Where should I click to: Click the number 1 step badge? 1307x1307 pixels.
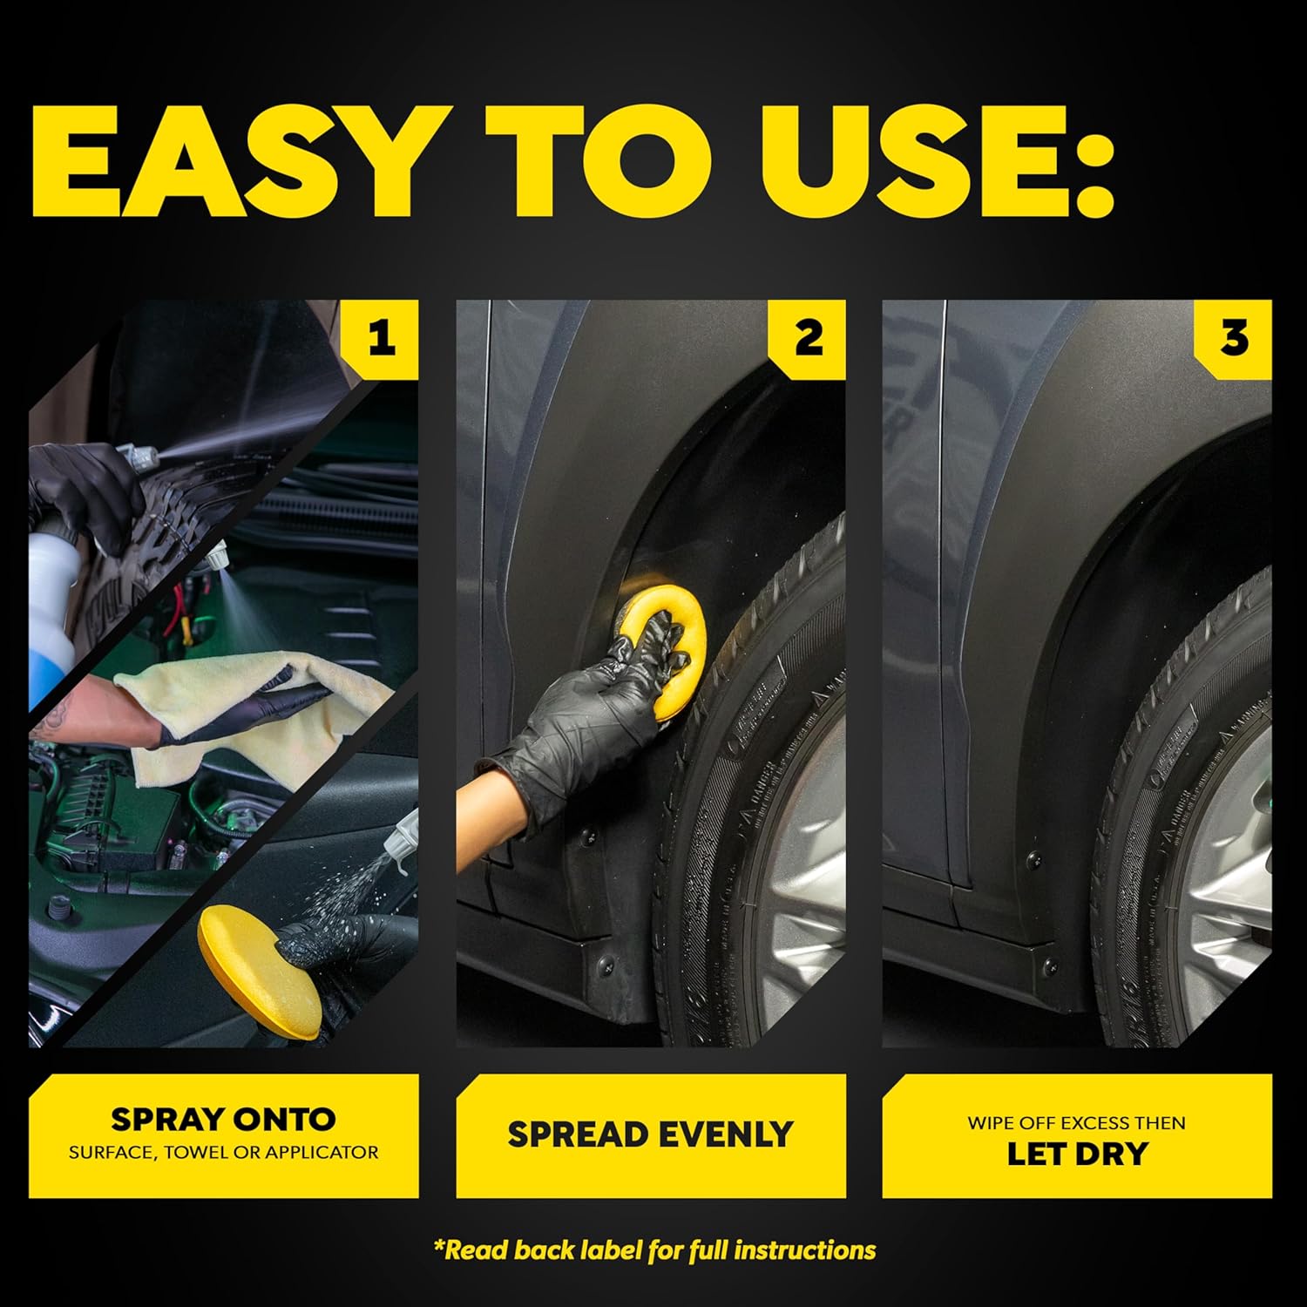381,338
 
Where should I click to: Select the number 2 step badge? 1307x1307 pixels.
808,338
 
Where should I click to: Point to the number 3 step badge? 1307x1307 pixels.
1234,338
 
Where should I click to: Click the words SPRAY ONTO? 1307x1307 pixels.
223,1119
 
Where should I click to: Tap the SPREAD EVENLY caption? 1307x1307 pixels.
650,1134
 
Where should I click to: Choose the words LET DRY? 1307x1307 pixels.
1077,1154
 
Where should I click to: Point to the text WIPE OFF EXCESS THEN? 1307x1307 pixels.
1077,1122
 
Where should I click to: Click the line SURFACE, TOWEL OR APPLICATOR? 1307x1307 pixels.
223,1152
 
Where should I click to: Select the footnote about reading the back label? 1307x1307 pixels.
654,1250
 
